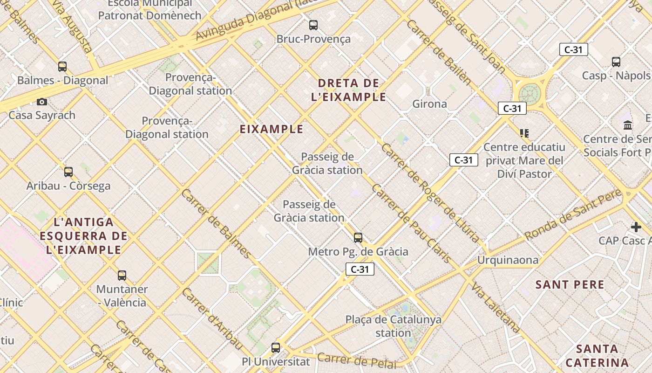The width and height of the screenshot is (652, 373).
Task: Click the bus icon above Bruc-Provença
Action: click(x=313, y=25)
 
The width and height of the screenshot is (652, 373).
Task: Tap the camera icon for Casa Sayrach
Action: click(x=42, y=102)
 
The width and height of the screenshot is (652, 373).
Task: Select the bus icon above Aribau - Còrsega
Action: click(x=68, y=172)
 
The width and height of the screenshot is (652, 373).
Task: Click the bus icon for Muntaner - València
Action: click(x=122, y=275)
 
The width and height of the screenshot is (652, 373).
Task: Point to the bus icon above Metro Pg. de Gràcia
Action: click(x=358, y=238)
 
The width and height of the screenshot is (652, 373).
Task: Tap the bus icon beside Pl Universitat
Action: click(x=276, y=347)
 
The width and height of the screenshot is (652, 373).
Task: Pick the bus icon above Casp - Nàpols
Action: click(x=616, y=62)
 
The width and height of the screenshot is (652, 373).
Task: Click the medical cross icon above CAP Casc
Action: click(x=636, y=227)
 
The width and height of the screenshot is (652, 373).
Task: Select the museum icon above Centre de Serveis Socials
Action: click(x=628, y=125)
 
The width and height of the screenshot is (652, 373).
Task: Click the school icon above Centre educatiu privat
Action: click(x=524, y=133)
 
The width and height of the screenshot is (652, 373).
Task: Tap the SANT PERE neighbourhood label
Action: click(x=570, y=284)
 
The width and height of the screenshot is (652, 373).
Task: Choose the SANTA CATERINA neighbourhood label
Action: click(x=597, y=356)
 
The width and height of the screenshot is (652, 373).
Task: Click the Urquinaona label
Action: click(x=508, y=260)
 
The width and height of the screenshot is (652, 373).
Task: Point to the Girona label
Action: click(x=429, y=104)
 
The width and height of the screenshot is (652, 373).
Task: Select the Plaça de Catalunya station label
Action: click(x=394, y=326)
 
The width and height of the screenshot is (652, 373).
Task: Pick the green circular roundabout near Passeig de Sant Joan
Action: click(x=530, y=94)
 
